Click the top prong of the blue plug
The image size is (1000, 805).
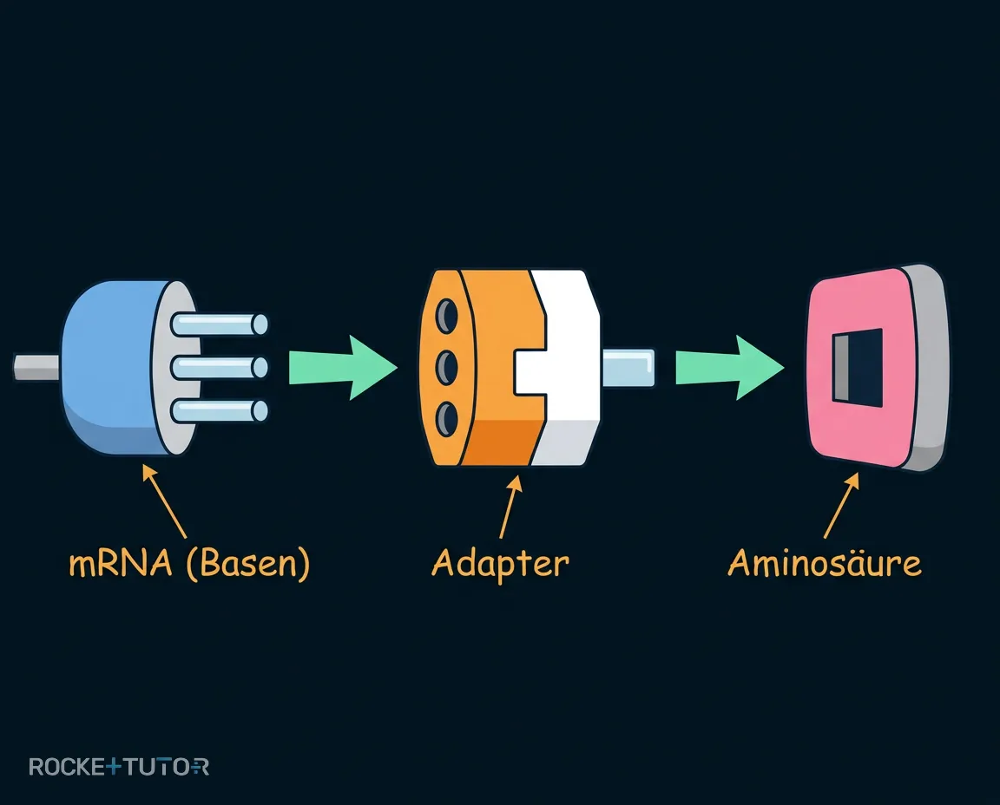click(220, 324)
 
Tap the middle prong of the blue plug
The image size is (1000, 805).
click(220, 368)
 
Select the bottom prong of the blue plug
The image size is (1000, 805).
click(220, 411)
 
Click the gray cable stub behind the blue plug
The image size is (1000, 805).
click(36, 367)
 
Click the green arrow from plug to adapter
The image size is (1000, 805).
click(343, 368)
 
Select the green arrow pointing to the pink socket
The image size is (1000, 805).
click(729, 368)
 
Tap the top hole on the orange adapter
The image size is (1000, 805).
click(446, 314)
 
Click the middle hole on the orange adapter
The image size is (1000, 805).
click(446, 367)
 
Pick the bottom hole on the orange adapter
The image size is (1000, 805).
click(446, 420)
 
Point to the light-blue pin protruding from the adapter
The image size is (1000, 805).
click(628, 368)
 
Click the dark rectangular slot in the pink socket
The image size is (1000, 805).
click(858, 367)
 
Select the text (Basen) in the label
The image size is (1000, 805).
click(248, 564)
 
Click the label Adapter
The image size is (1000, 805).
click(500, 564)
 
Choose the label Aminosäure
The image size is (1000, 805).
click(825, 563)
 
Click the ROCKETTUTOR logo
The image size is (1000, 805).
click(119, 766)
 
